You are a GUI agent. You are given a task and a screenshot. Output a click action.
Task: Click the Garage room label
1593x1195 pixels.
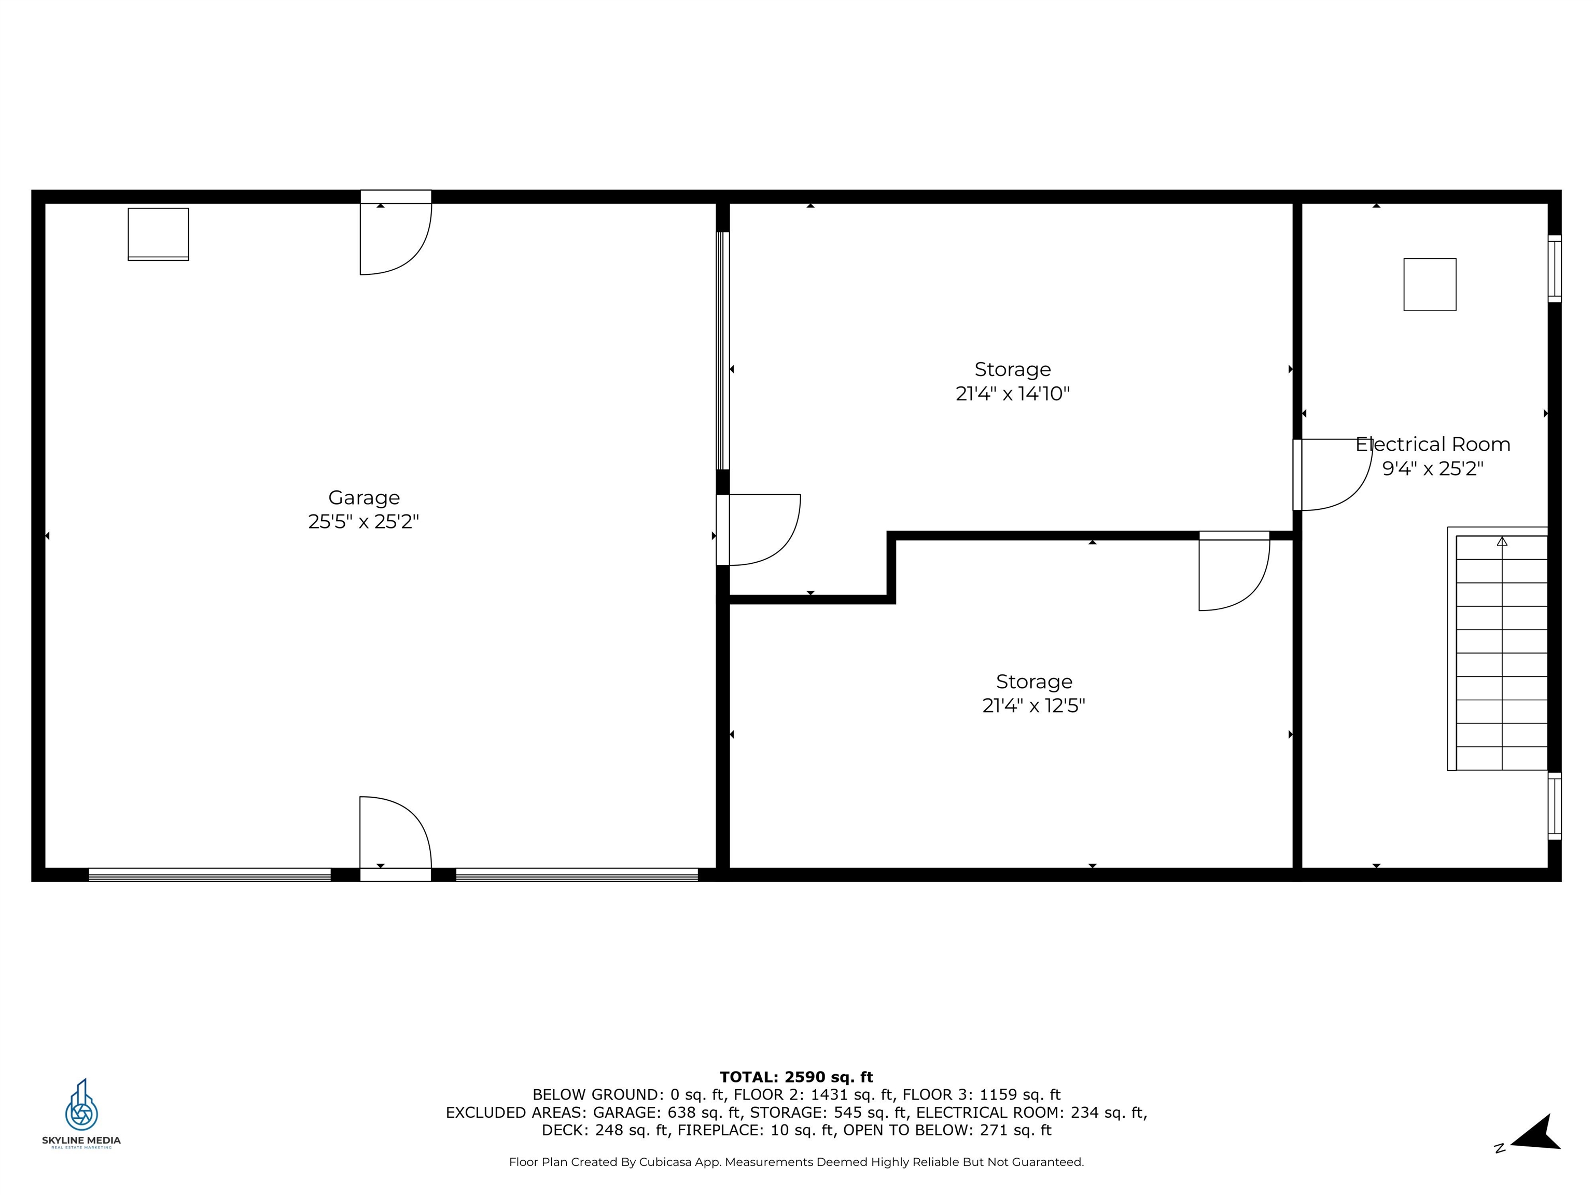point(364,498)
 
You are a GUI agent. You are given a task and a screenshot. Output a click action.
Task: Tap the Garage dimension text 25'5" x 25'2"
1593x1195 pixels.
point(364,521)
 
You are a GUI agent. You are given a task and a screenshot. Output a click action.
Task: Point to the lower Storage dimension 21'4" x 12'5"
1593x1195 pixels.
point(1033,705)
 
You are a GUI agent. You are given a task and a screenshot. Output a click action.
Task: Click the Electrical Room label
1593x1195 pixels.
point(1432,444)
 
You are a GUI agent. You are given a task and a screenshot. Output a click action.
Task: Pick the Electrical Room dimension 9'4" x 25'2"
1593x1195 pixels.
point(1432,469)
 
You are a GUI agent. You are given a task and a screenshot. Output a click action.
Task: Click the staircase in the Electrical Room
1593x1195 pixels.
point(1501,652)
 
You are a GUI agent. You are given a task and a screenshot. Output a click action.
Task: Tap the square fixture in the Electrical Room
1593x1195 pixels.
point(1430,285)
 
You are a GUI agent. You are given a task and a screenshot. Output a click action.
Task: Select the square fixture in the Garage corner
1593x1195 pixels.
point(159,234)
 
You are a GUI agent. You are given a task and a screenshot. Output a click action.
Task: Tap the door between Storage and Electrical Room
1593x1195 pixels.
point(1332,475)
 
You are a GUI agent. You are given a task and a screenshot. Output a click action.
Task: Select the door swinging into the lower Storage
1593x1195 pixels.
point(1233,574)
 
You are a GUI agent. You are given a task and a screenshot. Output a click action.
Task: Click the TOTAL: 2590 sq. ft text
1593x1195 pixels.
point(796,1077)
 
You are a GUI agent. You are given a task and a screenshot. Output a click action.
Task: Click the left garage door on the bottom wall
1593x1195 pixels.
point(209,874)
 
